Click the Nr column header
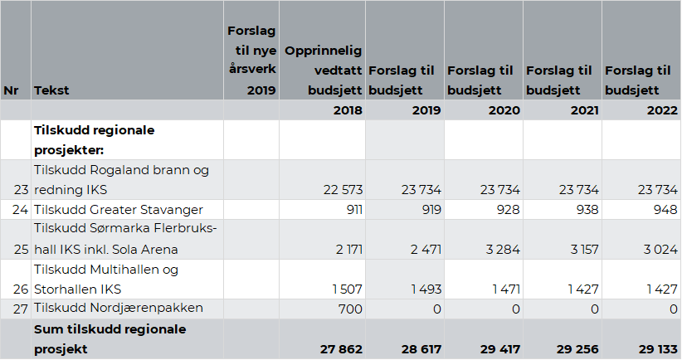coord(10,90)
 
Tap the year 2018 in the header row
coord(347,110)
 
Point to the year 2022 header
coord(660,110)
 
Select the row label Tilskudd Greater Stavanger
coord(119,210)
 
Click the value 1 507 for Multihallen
coord(344,289)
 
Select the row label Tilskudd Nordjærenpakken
coord(118,309)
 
